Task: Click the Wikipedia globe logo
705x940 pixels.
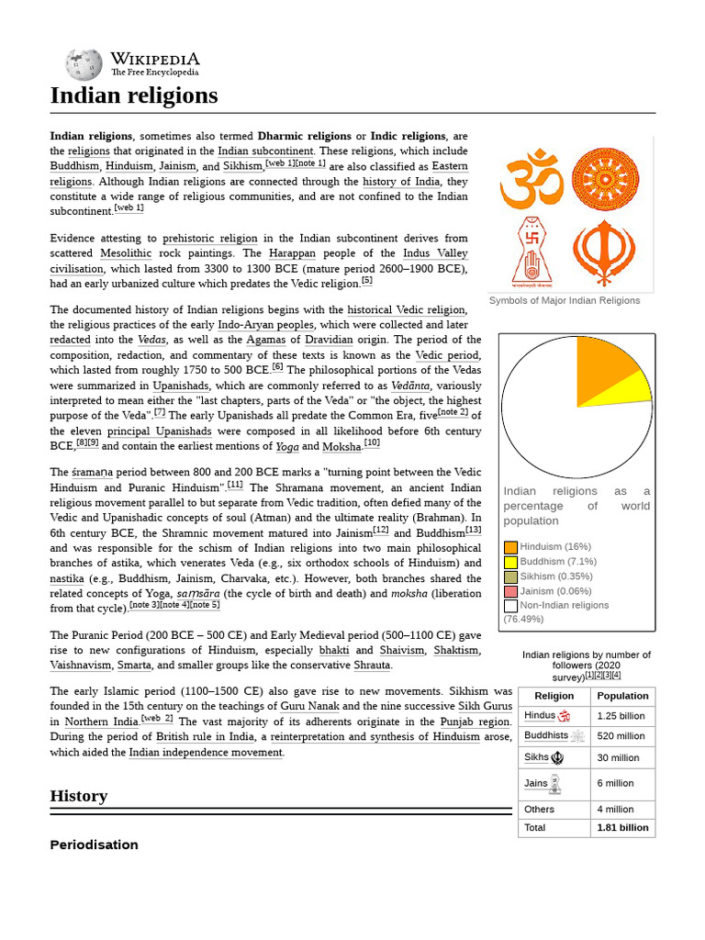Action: coord(83,64)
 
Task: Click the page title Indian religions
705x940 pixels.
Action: coord(134,95)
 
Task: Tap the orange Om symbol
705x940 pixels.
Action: coord(532,179)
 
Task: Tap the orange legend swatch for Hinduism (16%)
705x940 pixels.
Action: coord(510,547)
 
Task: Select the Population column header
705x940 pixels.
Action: coord(622,696)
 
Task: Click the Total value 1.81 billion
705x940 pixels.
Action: coord(622,828)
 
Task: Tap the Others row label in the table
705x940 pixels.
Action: coord(540,810)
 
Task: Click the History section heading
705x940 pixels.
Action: coord(79,796)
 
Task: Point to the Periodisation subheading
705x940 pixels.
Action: coord(94,845)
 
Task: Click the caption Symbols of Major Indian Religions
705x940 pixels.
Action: coord(565,301)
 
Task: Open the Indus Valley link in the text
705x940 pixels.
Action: coord(435,253)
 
